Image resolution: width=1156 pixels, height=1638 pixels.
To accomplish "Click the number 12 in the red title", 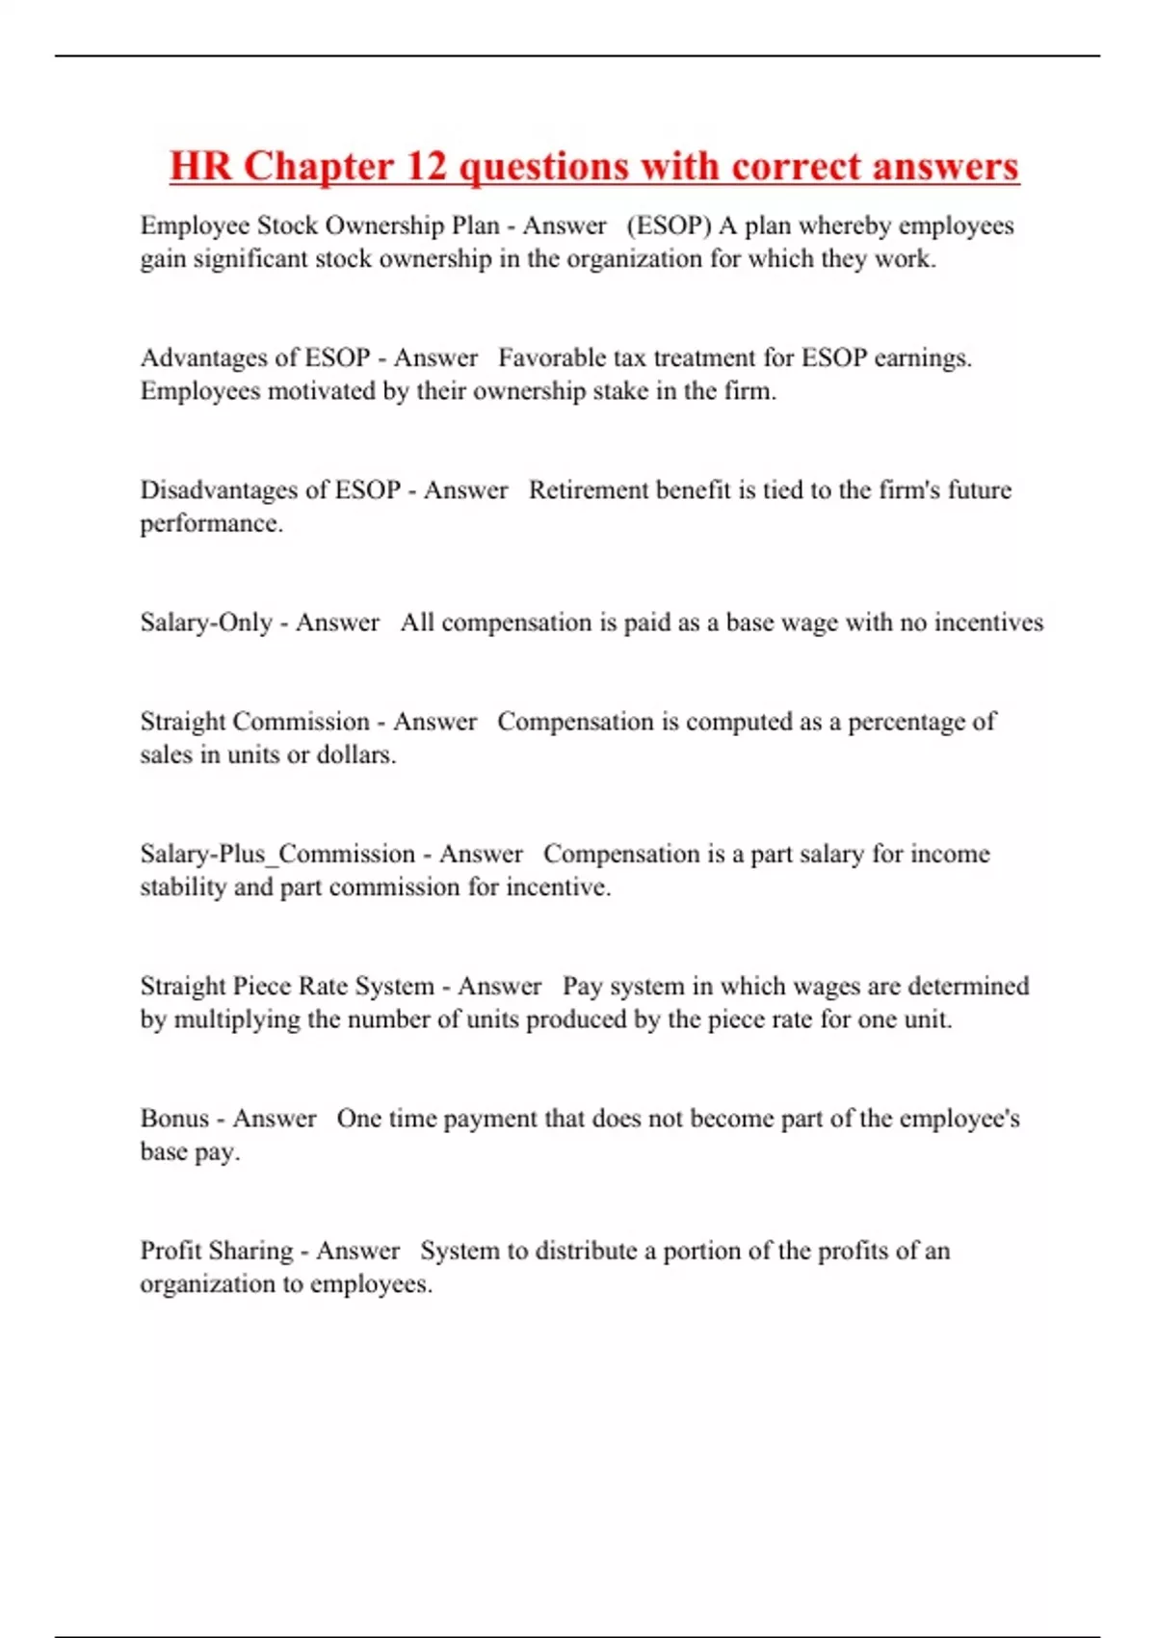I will (x=427, y=167).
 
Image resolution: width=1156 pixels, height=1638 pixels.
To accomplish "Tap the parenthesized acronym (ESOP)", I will (x=669, y=225).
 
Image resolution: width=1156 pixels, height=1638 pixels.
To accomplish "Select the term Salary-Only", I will (x=206, y=622).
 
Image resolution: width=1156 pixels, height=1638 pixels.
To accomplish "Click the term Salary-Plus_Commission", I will (x=277, y=854).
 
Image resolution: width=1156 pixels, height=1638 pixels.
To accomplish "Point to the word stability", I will (x=183, y=886).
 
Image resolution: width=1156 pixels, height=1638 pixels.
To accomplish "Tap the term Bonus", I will (x=174, y=1118).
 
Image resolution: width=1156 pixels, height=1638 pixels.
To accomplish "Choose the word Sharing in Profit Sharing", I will (x=251, y=1251).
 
